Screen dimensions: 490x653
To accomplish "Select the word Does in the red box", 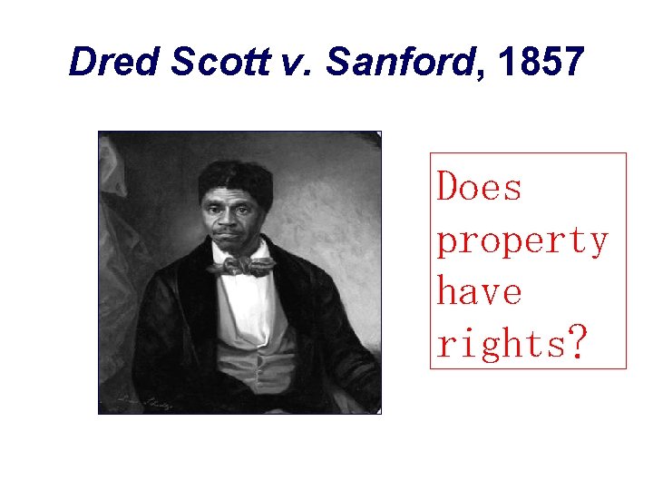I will tap(480, 188).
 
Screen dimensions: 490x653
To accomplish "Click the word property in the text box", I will tap(522, 241).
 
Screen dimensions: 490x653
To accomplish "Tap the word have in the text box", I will tap(480, 292).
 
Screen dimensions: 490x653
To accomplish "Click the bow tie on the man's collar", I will tap(240, 266).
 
